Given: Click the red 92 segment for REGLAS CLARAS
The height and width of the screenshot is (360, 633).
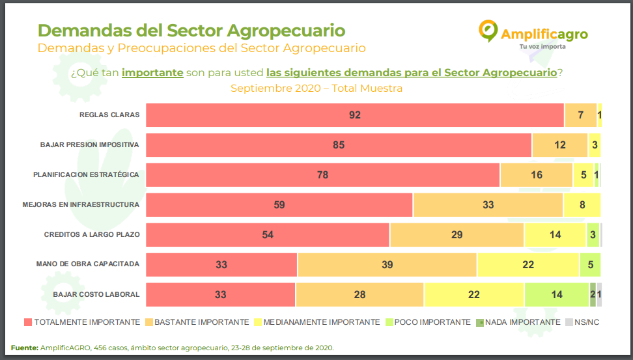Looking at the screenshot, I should (354, 115).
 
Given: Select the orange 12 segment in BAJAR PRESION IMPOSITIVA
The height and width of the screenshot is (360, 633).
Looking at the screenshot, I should (560, 145).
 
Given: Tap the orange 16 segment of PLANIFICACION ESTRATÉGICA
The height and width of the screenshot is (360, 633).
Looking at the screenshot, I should (537, 175).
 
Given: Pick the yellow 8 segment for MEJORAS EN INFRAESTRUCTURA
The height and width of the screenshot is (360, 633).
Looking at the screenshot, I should (582, 205).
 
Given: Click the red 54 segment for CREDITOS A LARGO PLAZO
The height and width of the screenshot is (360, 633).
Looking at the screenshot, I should (268, 235).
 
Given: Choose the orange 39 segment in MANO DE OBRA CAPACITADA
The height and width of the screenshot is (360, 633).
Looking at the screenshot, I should (387, 265).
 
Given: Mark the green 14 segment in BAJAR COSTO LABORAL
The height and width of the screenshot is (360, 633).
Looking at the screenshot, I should (556, 295).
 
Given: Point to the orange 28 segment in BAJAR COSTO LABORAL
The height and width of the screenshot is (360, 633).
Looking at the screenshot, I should (359, 295).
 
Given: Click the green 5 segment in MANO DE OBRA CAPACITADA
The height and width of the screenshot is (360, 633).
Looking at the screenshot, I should (590, 265).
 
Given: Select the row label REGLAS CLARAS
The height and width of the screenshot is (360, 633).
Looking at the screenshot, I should (109, 115).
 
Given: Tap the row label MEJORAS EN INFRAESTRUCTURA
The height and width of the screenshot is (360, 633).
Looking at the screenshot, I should (81, 205).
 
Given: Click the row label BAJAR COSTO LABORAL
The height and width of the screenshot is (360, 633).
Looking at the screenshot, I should (96, 295).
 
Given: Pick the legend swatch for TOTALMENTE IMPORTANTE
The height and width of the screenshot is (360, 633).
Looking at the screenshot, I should (27, 322).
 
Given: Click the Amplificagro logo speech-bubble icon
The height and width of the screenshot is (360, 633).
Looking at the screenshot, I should (488, 31).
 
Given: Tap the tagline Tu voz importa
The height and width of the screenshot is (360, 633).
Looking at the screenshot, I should (542, 47).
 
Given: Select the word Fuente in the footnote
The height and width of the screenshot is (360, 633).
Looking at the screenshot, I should (24, 348).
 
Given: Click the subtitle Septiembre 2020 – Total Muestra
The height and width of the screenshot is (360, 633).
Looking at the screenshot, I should (316, 89).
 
